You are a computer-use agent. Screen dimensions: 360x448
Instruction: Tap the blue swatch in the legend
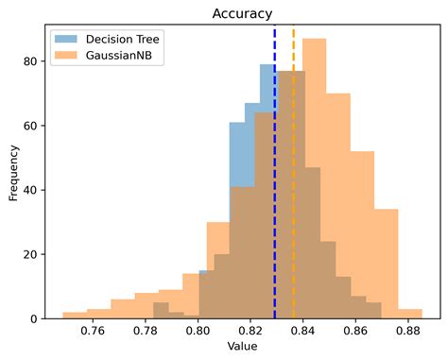tap(67, 40)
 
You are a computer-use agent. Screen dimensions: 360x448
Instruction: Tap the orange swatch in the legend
tap(67, 56)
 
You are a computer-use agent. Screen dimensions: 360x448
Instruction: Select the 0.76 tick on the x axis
tap(93, 333)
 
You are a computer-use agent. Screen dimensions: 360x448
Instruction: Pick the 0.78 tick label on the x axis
tap(145, 333)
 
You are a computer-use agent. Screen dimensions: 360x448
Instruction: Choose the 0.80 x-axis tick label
tap(198, 333)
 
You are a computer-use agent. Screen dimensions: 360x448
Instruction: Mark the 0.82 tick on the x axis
tap(250, 333)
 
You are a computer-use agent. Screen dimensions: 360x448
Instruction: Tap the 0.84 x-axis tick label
tap(303, 333)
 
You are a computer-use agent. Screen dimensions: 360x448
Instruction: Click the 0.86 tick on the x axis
tap(355, 333)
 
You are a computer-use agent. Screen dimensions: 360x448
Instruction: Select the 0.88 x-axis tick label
tap(408, 333)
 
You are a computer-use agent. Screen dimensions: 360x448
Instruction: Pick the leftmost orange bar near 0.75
tap(75, 316)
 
